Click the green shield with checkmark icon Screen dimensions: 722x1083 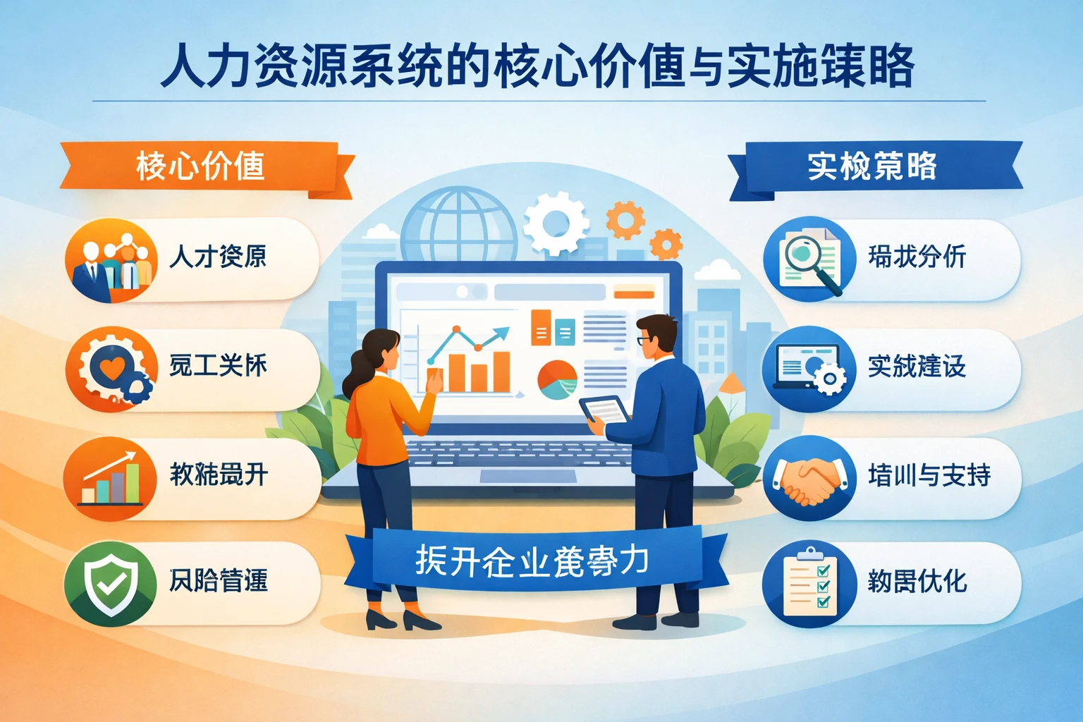tap(110, 583)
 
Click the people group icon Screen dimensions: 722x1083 tap(110, 261)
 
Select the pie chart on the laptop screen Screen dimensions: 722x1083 tap(557, 379)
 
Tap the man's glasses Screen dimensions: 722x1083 tap(645, 341)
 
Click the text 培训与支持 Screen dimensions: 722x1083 tap(929, 476)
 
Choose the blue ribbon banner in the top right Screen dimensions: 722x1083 tap(874, 167)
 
